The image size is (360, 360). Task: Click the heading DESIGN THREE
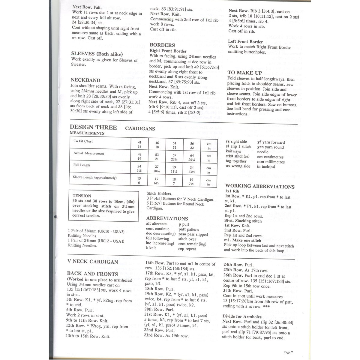93,127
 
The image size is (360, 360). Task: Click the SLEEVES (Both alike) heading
97,54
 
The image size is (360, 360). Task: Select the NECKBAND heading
85,80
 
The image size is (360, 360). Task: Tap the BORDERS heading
162,45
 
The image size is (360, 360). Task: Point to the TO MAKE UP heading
244,73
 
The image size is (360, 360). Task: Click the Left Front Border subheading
245,42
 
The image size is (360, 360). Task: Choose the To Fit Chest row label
83,141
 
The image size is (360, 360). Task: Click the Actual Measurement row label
89,153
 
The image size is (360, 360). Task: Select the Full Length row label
82,165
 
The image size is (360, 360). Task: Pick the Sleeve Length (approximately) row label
94,178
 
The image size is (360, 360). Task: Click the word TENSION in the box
82,196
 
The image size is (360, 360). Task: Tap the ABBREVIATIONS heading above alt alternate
167,218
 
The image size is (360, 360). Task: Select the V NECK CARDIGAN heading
93,262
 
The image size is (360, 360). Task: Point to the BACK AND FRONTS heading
92,274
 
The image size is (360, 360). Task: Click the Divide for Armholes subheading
242,316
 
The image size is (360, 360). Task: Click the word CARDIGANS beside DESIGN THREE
140,129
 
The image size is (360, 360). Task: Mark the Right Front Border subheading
168,51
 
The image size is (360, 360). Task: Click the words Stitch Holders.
159,194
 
